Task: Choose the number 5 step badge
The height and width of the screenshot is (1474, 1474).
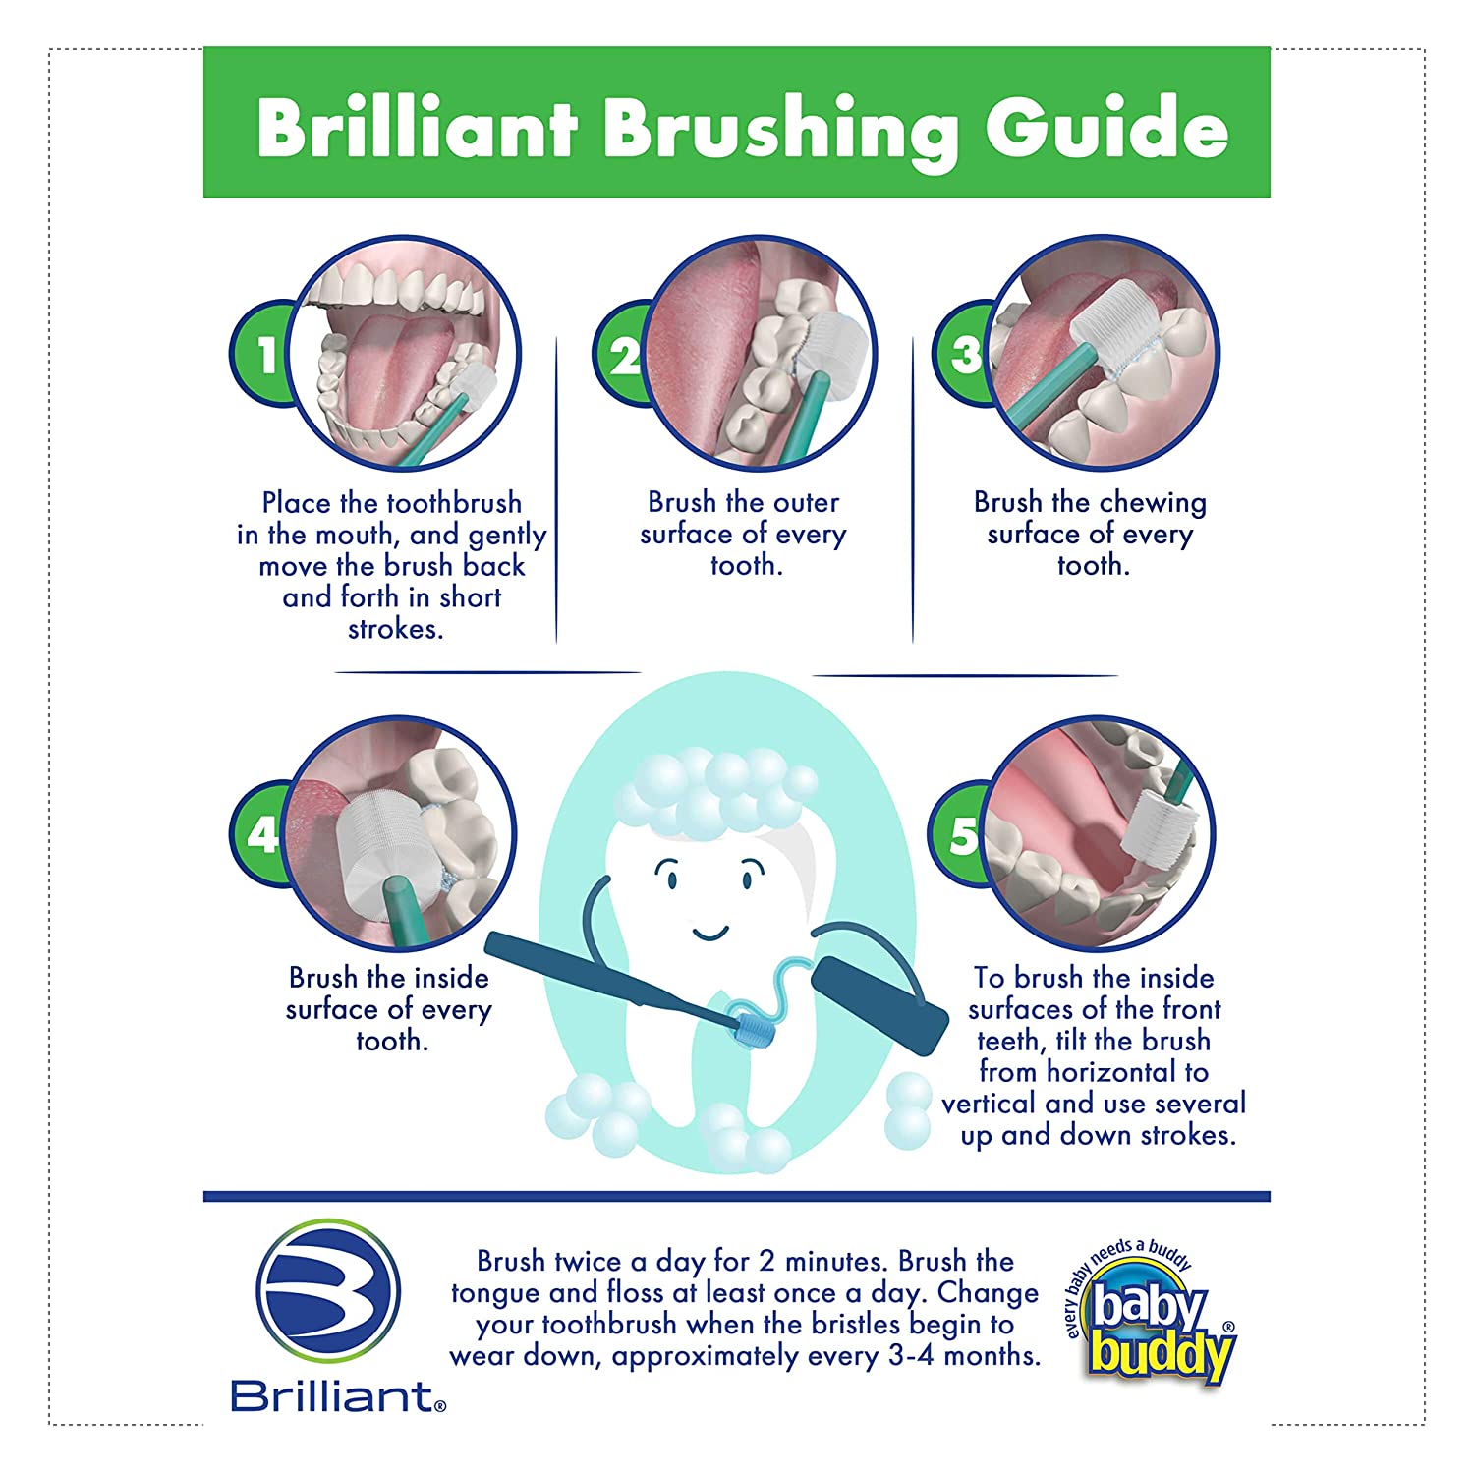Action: click(959, 836)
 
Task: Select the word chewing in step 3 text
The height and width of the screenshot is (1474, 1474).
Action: click(1154, 503)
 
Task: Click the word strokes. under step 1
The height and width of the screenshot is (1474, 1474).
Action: click(395, 629)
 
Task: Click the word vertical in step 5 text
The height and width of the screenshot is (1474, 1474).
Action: click(990, 1104)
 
